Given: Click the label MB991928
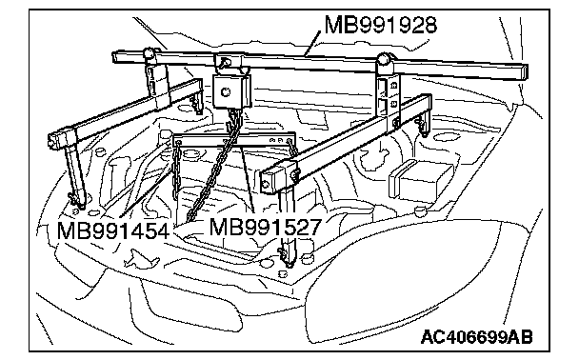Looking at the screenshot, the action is (x=381, y=25).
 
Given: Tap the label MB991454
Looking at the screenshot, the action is (x=113, y=231).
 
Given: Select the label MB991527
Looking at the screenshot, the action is (x=266, y=227).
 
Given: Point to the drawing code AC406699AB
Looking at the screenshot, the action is (x=477, y=337).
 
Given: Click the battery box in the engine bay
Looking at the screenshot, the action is (x=421, y=180).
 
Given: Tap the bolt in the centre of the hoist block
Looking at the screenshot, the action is (x=226, y=91).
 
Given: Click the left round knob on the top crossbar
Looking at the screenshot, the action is (x=150, y=52).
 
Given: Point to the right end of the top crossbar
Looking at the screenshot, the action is (x=523, y=72).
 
